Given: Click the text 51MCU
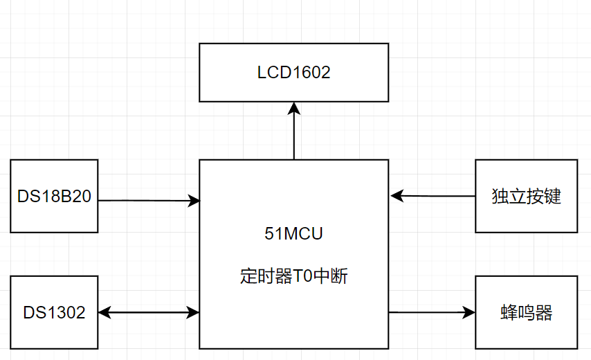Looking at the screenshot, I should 293,234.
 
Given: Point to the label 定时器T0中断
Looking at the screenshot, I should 293,277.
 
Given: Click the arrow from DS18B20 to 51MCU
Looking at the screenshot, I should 145,201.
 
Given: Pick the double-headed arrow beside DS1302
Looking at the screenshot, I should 148,313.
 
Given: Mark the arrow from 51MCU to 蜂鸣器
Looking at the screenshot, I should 429,312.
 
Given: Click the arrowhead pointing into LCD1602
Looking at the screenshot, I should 294,107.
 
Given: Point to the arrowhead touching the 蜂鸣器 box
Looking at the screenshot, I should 471,312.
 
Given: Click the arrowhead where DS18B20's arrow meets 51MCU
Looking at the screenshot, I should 194,201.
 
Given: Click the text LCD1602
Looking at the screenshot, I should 294,73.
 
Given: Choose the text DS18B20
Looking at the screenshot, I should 54,196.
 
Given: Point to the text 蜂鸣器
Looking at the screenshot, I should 526,312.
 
